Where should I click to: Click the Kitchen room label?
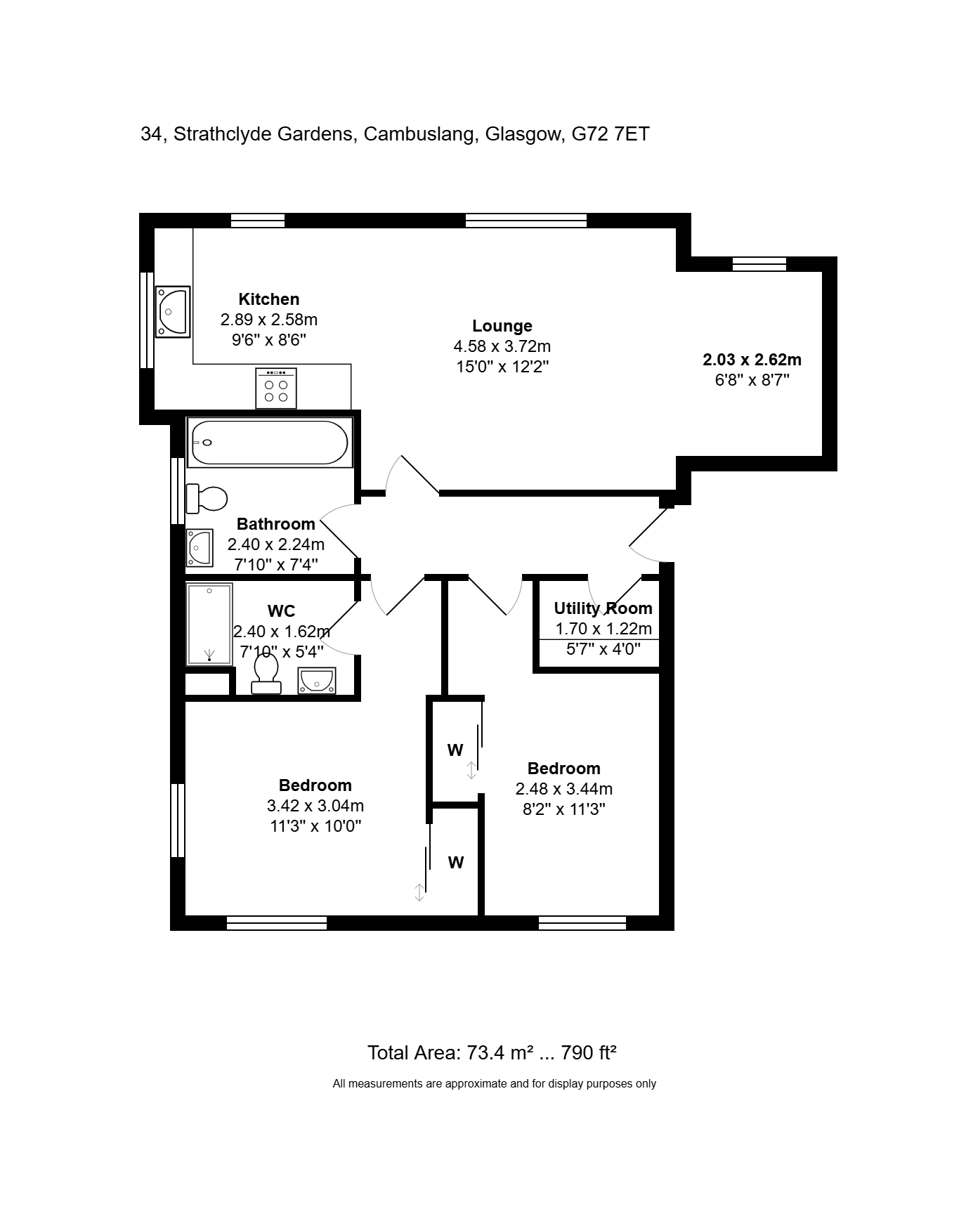tap(269, 299)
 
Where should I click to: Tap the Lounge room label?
tap(502, 326)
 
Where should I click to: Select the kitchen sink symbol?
tap(173, 312)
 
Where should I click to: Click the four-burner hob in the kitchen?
tap(276, 388)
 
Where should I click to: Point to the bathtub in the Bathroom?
tap(269, 443)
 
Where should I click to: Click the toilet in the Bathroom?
tap(207, 499)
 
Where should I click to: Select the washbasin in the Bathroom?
tap(200, 547)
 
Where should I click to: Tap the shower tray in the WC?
tap(209, 624)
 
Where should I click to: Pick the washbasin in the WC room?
tap(317, 681)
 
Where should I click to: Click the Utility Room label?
tap(603, 608)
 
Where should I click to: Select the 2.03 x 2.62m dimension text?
tap(752, 360)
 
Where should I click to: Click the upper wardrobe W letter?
tap(455, 750)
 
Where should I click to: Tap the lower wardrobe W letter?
tap(456, 863)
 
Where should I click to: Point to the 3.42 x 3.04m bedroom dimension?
tap(315, 806)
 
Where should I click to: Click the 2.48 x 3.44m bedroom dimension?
tap(564, 789)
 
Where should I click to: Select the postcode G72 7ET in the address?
tap(611, 133)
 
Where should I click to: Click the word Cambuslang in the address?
tap(419, 134)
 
